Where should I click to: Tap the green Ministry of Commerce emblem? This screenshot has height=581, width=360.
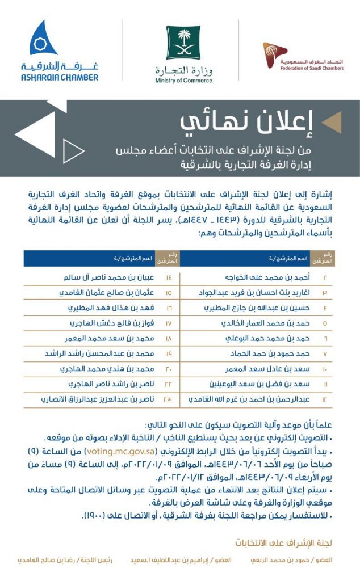[183, 43]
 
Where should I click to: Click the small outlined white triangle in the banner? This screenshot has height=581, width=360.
[73, 150]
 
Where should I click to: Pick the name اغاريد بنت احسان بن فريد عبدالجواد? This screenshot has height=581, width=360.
[253, 293]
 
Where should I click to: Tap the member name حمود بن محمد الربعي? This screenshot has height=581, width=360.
[291, 559]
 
